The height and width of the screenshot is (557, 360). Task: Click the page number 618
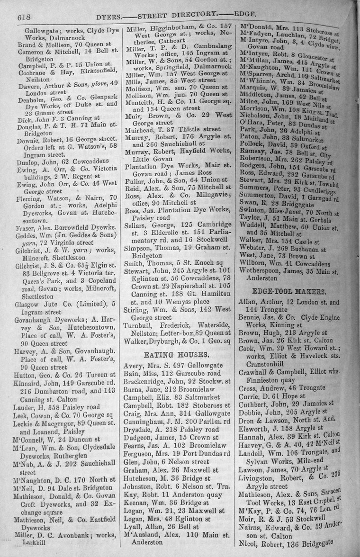point(24,16)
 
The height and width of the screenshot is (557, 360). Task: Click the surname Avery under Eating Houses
point(134,366)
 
